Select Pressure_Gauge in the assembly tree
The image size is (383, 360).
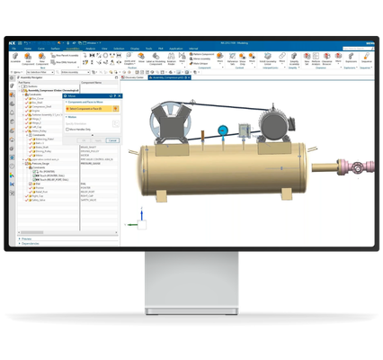(41, 164)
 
